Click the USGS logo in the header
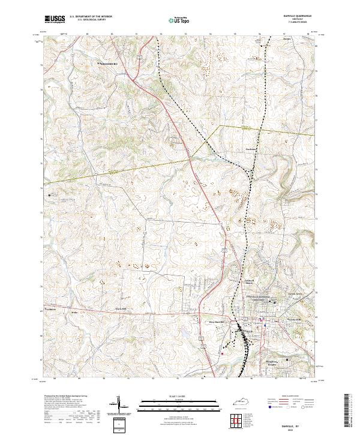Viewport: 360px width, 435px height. point(55,19)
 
